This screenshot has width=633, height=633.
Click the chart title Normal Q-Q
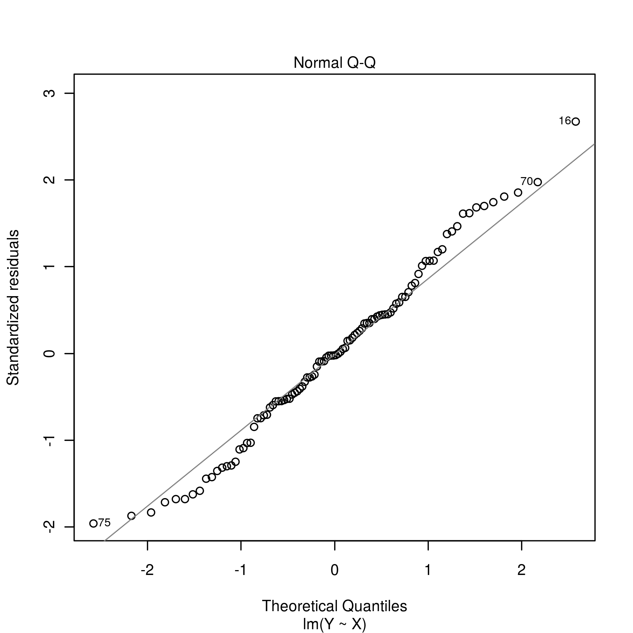pyautogui.click(x=334, y=63)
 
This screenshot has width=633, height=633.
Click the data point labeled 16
pyautogui.click(x=575, y=121)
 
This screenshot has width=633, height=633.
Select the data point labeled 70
pyautogui.click(x=538, y=182)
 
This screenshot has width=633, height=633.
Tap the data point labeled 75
pyautogui.click(x=93, y=523)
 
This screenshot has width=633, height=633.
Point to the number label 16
pyautogui.click(x=565, y=121)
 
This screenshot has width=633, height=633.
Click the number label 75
pyautogui.click(x=104, y=523)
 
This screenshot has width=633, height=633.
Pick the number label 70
pyautogui.click(x=527, y=182)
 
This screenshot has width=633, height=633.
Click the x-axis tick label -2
pyautogui.click(x=147, y=570)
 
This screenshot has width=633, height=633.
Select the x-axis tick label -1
pyautogui.click(x=240, y=570)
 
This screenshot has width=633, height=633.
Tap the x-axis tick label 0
pyautogui.click(x=334, y=570)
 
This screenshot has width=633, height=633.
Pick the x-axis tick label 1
pyautogui.click(x=428, y=570)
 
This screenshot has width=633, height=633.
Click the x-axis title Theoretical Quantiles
pyautogui.click(x=334, y=606)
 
